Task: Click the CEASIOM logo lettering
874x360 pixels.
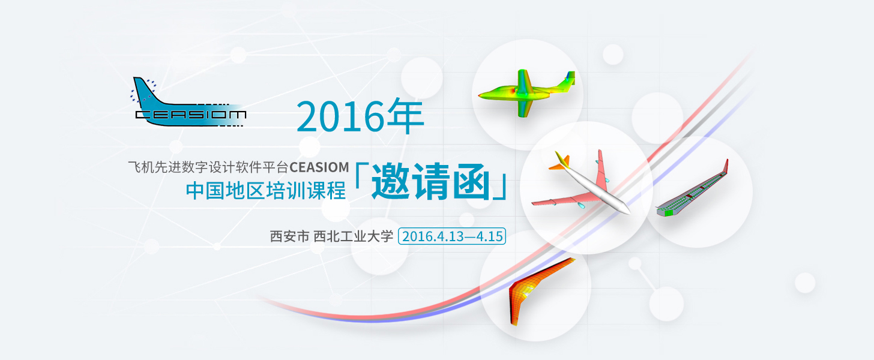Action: pos(191,115)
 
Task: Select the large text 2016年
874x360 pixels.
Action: pos(360,116)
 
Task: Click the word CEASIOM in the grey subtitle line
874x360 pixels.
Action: pos(319,167)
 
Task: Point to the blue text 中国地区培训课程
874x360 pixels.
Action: pos(266,191)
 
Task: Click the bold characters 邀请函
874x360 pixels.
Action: pos(431,182)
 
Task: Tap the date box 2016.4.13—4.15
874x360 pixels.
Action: pos(452,236)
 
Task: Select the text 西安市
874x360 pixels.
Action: pos(289,236)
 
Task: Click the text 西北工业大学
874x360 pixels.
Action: pos(353,236)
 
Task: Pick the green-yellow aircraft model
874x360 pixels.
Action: pos(527,93)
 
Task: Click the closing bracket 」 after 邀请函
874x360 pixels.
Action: pos(500,188)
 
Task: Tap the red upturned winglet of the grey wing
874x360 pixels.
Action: pos(726,166)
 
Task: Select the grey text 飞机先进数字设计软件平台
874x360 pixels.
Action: pos(208,167)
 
